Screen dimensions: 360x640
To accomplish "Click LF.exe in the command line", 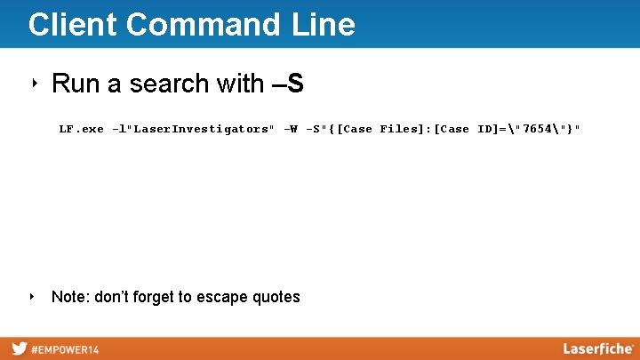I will tap(81, 129).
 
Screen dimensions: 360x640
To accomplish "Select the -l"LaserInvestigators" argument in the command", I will tap(193, 129).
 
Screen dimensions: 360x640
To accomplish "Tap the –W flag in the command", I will tap(290, 129).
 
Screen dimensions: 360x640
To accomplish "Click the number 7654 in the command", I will tap(538, 129).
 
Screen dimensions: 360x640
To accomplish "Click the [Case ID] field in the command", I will tap(466, 129).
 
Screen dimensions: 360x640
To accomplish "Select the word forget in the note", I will tap(148, 297).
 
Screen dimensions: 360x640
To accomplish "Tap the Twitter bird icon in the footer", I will tap(19, 348).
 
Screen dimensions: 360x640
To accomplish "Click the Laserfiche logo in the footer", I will tap(597, 348).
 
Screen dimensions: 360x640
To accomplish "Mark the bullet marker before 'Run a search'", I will tap(33, 84).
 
